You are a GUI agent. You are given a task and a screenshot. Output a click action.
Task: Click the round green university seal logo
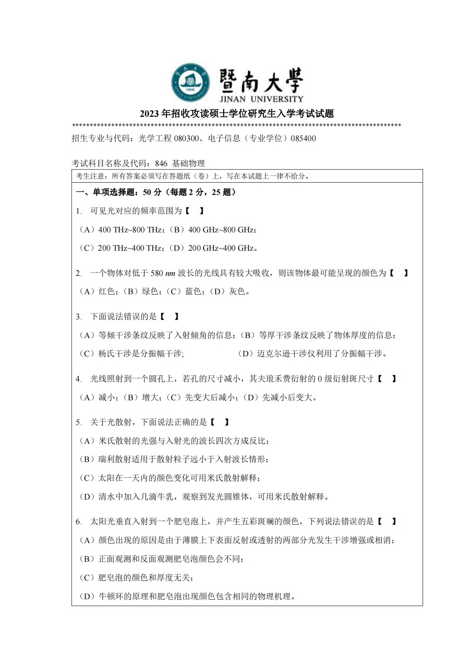click(190, 83)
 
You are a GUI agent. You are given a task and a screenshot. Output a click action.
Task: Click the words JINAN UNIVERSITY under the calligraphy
click(261, 99)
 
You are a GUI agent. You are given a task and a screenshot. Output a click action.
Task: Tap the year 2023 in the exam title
click(149, 114)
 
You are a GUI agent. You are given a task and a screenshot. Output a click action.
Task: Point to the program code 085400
click(304, 139)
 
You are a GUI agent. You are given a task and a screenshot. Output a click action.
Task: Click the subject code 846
click(161, 163)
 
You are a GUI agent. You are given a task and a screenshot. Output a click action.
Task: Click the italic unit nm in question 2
click(170, 274)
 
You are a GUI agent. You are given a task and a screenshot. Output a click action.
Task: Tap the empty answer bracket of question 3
click(169, 317)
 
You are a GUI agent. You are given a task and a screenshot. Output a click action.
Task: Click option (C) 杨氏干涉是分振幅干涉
click(131, 354)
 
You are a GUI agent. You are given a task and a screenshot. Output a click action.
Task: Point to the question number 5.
click(78, 423)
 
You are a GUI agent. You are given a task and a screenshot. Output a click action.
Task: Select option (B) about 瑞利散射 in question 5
click(174, 459)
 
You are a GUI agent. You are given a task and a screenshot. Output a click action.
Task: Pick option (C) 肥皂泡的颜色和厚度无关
click(137, 578)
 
